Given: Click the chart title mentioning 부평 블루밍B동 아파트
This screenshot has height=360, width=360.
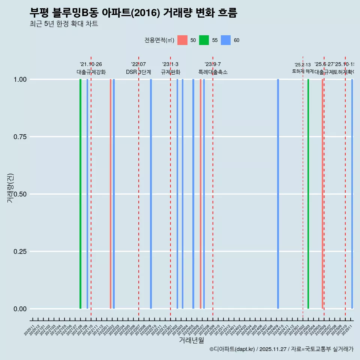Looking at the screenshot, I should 133,13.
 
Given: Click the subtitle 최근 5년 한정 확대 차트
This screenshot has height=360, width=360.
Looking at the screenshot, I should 64,24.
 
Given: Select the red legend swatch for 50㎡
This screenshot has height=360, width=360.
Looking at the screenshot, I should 182,40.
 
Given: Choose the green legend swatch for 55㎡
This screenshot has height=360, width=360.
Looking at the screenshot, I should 204,40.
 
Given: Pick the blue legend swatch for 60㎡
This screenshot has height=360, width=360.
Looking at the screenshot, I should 226,40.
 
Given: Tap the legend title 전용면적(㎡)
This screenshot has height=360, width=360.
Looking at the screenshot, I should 159,40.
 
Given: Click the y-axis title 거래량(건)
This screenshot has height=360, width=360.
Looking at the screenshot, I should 10,188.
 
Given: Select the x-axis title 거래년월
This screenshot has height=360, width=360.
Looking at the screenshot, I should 191,340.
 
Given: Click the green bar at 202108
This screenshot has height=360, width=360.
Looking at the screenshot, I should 80,194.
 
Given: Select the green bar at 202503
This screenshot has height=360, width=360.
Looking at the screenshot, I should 308,194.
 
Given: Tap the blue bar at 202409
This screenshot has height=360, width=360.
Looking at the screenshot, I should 278,194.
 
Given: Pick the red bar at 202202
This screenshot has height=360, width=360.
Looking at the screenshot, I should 111,194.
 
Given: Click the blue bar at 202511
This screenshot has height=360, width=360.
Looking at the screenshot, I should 352,194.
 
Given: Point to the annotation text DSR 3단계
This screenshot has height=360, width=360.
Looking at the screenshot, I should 138,72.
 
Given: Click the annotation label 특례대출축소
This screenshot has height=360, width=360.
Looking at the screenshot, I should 213,72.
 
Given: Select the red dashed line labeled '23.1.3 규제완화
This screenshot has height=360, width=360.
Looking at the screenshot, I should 171,187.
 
